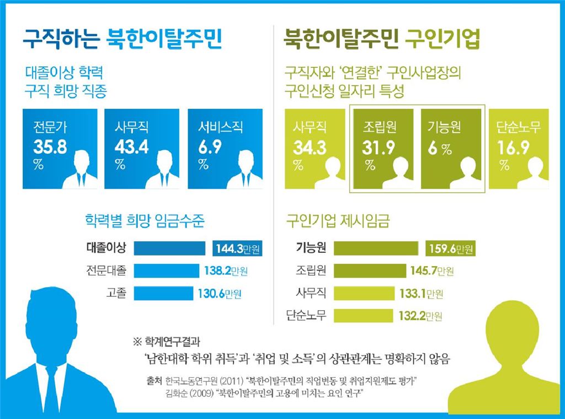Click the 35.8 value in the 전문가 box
click(50, 148)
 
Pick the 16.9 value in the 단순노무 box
click(513, 148)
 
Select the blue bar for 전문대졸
click(166, 271)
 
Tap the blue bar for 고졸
click(163, 293)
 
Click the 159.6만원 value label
click(450, 249)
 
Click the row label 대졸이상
click(106, 248)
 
